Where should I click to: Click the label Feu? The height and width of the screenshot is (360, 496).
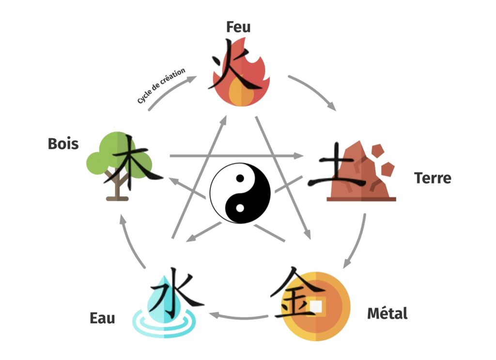(x=238, y=27)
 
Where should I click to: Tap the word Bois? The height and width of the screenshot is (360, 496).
(x=63, y=144)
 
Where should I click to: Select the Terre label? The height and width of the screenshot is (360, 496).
(x=433, y=178)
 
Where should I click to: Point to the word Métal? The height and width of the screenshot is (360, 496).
(x=387, y=313)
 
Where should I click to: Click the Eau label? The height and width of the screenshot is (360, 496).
(x=102, y=318)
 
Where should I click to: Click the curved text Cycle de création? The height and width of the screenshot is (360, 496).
(x=161, y=85)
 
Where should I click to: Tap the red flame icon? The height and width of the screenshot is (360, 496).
(x=241, y=72)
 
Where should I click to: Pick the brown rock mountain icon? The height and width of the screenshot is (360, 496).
(x=361, y=171)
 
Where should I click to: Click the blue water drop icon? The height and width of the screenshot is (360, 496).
(x=164, y=307)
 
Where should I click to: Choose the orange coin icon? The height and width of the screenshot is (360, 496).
(x=316, y=306)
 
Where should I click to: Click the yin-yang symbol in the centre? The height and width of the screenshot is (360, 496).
(x=240, y=193)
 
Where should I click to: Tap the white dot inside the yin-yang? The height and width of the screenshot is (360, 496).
(x=240, y=208)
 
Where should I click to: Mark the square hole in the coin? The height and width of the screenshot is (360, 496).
(x=316, y=306)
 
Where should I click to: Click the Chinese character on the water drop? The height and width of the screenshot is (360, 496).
(x=176, y=292)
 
